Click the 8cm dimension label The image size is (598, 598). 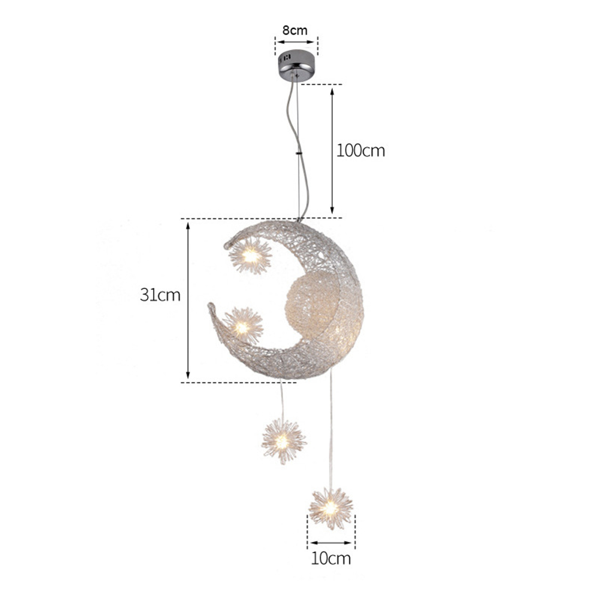295,30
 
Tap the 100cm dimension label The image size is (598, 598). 361,151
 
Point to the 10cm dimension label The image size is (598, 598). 331,559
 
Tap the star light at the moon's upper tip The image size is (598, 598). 250,256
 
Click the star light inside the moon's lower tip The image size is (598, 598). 243,326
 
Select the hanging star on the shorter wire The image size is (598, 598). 284,442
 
